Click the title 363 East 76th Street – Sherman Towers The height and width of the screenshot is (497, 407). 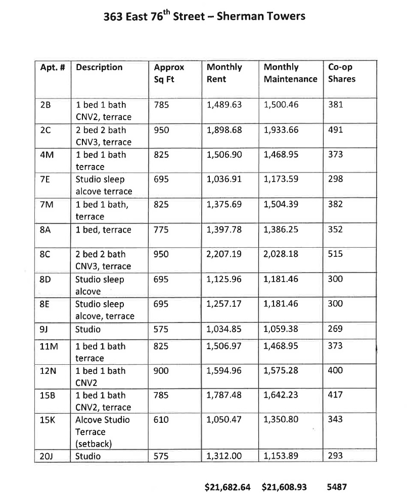[x=204, y=16]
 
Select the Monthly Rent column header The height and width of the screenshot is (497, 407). [x=224, y=73]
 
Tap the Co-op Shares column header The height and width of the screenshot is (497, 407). [x=342, y=73]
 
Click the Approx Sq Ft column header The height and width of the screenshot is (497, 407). [x=169, y=73]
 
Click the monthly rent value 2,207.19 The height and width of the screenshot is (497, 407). [x=224, y=254]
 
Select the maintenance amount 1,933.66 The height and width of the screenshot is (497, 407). [x=281, y=130]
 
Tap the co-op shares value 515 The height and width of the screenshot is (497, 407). [x=335, y=254]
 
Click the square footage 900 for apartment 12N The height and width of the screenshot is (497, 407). [x=162, y=371]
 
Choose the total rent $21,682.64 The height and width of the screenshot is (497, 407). [x=227, y=487]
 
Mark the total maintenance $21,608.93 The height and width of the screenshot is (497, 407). [x=285, y=487]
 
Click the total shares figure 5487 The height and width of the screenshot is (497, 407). [x=337, y=487]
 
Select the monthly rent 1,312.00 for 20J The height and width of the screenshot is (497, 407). [x=224, y=456]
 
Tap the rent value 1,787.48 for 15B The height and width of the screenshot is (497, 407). [x=224, y=396]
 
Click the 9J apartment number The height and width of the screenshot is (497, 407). [x=43, y=329]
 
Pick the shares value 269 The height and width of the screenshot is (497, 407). [x=335, y=329]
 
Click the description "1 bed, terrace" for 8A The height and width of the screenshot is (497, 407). [x=103, y=230]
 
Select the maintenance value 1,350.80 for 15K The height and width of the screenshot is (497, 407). [x=281, y=420]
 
